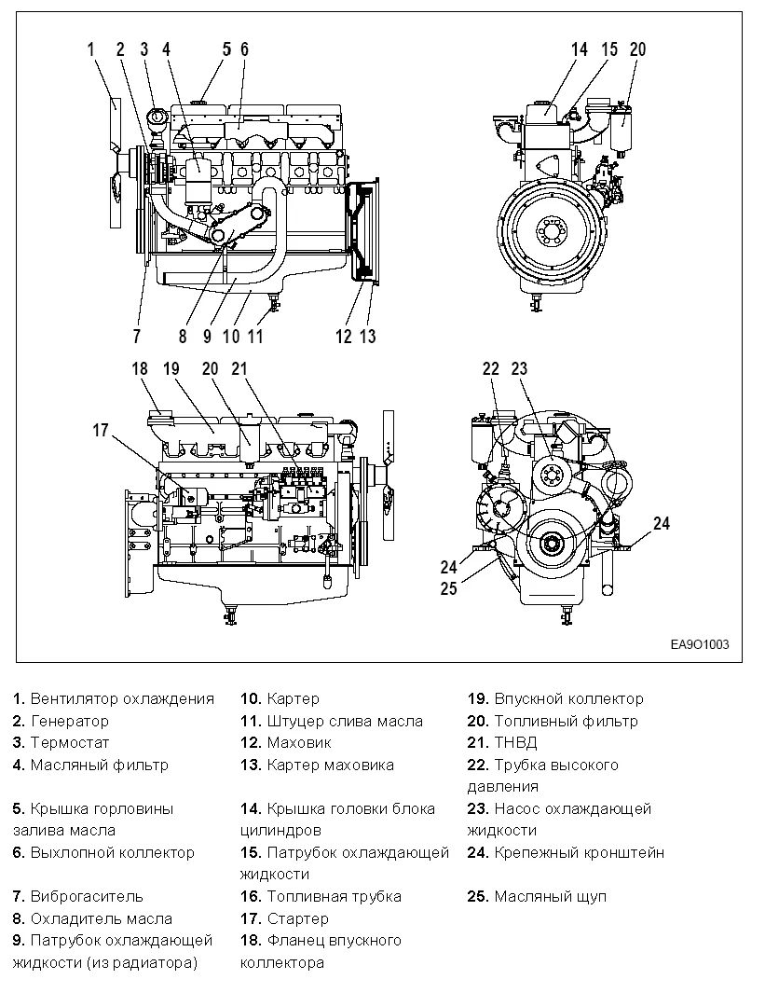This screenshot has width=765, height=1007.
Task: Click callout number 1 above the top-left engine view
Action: [x=91, y=48]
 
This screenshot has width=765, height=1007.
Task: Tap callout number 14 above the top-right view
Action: [x=580, y=49]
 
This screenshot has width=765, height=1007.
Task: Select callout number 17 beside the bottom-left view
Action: [x=102, y=430]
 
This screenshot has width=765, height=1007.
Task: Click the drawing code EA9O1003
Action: [x=699, y=644]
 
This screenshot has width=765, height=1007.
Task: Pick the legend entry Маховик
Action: [x=298, y=743]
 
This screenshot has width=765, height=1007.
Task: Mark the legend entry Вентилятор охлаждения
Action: [x=121, y=698]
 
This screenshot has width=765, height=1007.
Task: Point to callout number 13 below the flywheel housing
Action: [x=368, y=337]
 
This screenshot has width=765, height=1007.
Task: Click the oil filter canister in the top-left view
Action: [x=198, y=179]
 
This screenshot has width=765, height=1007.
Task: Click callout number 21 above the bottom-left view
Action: [x=240, y=369]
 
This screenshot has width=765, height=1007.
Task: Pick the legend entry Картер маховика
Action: [x=329, y=765]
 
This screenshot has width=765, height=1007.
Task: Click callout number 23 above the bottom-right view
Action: [x=519, y=369]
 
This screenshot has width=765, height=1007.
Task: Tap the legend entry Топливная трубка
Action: [x=333, y=896]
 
